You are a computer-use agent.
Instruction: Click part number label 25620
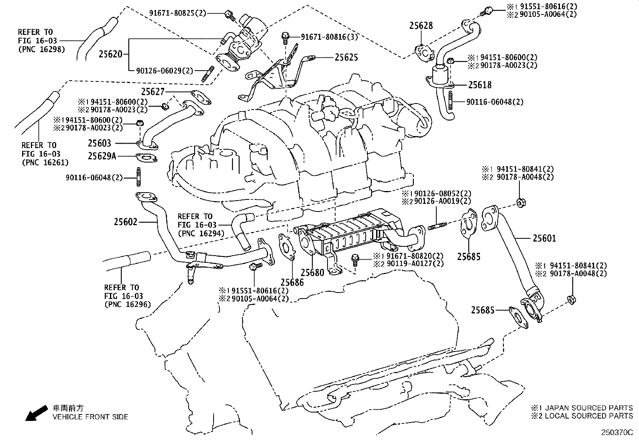110,54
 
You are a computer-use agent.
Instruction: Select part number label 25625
346,57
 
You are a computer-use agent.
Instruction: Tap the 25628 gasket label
421,26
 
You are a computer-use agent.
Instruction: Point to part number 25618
480,85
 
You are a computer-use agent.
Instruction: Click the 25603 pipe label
100,143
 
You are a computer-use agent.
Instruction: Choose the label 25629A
102,156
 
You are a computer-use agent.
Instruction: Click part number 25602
125,222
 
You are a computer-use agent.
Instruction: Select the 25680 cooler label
312,273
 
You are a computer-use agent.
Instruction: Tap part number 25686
292,282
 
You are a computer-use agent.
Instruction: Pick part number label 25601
545,238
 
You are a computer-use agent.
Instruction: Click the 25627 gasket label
153,92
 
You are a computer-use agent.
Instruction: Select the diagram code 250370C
617,433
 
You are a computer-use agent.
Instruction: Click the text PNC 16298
41,50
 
